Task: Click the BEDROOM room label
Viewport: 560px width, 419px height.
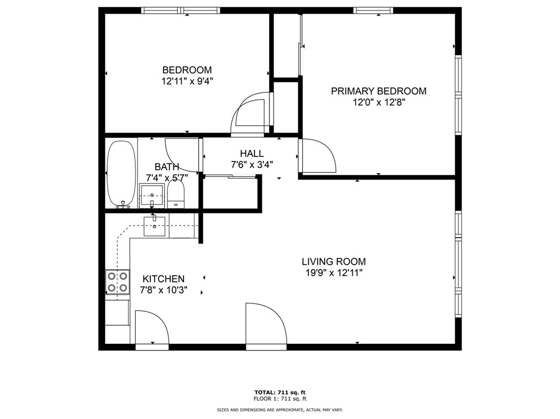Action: pos(187,70)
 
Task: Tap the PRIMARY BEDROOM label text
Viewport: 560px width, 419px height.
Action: pos(378,91)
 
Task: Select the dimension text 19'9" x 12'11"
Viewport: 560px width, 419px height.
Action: pos(334,273)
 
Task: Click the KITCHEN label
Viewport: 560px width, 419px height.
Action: pos(163,279)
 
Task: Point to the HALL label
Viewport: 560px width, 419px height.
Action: pos(251,154)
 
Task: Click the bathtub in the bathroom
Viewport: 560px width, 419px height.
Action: pos(121,173)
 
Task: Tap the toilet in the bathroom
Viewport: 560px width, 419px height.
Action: pos(176,196)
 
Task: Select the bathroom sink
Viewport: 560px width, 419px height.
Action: pos(152,196)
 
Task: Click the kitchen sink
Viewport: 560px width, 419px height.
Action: pos(155,226)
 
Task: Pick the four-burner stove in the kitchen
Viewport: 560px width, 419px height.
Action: pos(117,281)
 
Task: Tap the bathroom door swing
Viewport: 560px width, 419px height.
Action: pos(183,154)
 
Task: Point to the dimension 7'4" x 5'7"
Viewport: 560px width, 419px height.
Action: pos(167,177)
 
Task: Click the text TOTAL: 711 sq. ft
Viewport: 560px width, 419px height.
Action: pos(279,392)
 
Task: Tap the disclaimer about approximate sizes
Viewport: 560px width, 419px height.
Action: pos(279,410)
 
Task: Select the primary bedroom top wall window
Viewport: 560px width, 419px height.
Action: pos(373,10)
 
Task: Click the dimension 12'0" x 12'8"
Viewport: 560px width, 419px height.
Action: pos(378,102)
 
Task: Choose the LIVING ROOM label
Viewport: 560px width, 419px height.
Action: pos(334,261)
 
